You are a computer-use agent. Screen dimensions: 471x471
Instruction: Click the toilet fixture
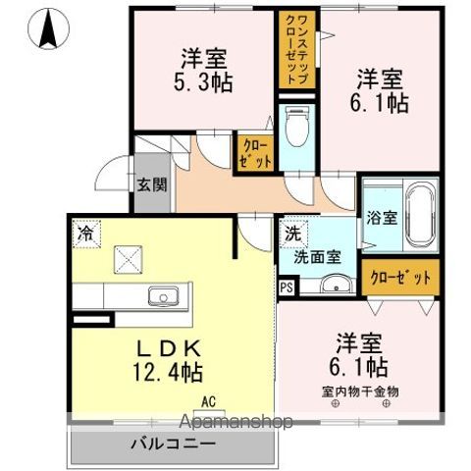click(295, 126)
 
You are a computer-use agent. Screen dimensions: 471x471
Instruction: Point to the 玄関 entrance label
click(151, 184)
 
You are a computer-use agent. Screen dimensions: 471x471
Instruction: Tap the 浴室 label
click(382, 217)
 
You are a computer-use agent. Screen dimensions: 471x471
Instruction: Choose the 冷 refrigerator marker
click(85, 235)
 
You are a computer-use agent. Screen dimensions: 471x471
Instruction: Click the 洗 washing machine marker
click(291, 235)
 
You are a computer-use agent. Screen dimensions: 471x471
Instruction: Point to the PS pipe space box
click(286, 288)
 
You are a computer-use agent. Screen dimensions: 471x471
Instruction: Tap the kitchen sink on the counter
click(161, 296)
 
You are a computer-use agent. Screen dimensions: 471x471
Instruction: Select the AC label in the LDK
click(209, 400)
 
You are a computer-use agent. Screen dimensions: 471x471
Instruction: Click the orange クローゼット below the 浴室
click(400, 278)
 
